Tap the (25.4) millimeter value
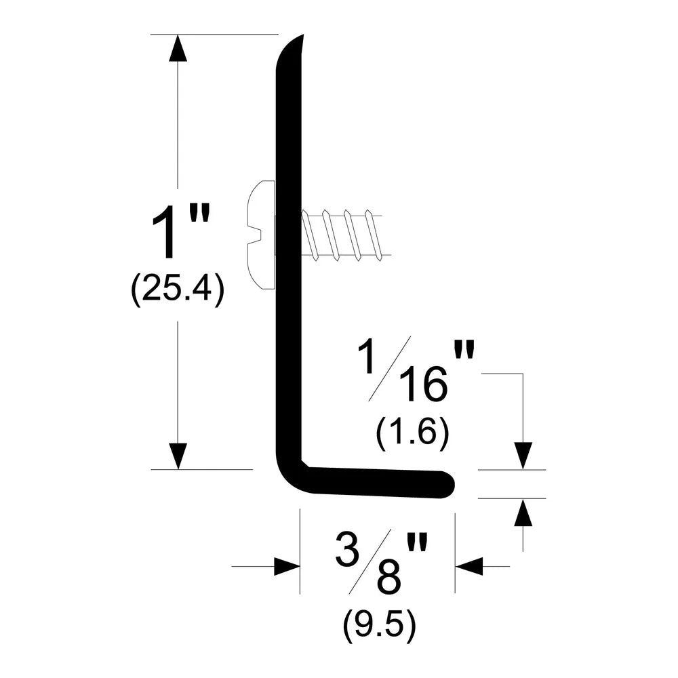coord(177,290)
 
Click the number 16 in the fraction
coord(423,383)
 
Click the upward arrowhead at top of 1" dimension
coord(178,47)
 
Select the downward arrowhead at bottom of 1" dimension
coord(178,456)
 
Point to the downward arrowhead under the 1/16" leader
coord(523,456)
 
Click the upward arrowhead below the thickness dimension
coord(523,512)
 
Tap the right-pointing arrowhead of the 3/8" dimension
coord(287,566)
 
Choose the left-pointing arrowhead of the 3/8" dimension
coord(468,566)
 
